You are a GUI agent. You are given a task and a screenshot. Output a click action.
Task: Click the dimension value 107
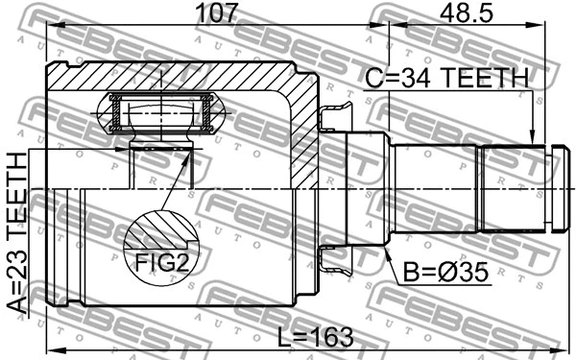coord(218,13)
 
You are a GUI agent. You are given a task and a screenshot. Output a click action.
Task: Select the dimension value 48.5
coord(467,13)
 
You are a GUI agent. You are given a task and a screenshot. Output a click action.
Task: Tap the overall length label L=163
coord(315,337)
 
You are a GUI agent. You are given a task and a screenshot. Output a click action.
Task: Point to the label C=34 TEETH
coord(447,78)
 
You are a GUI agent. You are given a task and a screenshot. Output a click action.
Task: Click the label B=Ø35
coord(446,273)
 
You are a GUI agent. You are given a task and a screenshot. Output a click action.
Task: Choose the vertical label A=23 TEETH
coord(17,233)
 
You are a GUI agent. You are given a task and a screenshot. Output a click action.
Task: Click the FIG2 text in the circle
coord(162,262)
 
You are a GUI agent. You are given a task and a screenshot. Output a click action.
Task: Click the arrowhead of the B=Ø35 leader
coord(387,253)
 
